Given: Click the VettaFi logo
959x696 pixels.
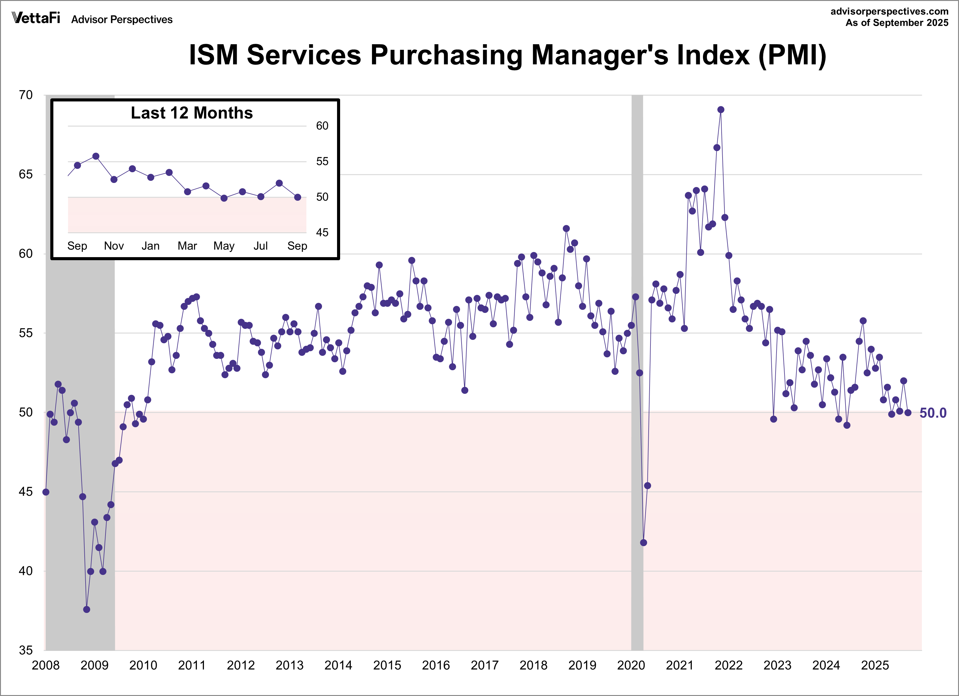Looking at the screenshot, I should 36,18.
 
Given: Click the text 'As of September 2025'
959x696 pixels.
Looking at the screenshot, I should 897,23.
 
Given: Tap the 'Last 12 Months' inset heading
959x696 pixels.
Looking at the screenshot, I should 192,113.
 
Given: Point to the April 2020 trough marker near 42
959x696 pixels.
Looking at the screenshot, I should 643,542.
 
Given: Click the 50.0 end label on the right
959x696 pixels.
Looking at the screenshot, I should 933,413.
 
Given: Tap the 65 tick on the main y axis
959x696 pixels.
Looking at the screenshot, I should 26,174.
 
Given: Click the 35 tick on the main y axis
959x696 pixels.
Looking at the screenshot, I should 26,650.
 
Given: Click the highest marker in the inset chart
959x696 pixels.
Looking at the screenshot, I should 96,156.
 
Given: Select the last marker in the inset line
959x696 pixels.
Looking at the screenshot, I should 298,197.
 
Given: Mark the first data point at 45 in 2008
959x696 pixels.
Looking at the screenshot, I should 46,492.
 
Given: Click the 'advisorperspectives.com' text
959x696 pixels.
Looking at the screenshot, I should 889,11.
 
